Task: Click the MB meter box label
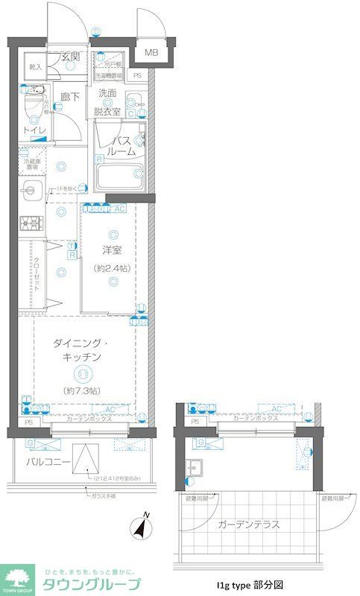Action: pyautogui.click(x=151, y=52)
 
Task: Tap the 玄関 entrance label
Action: pyautogui.click(x=70, y=57)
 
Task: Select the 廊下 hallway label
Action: pyautogui.click(x=70, y=96)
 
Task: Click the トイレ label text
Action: pyautogui.click(x=34, y=131)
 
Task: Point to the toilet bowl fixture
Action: pyautogui.click(x=34, y=104)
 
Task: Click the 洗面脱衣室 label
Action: pyautogui.click(x=108, y=102)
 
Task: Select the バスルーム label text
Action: pyautogui.click(x=122, y=145)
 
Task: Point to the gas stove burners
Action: pyautogui.click(x=31, y=222)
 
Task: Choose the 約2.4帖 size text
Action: pyautogui.click(x=113, y=268)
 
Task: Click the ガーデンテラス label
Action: pyautogui.click(x=249, y=524)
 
